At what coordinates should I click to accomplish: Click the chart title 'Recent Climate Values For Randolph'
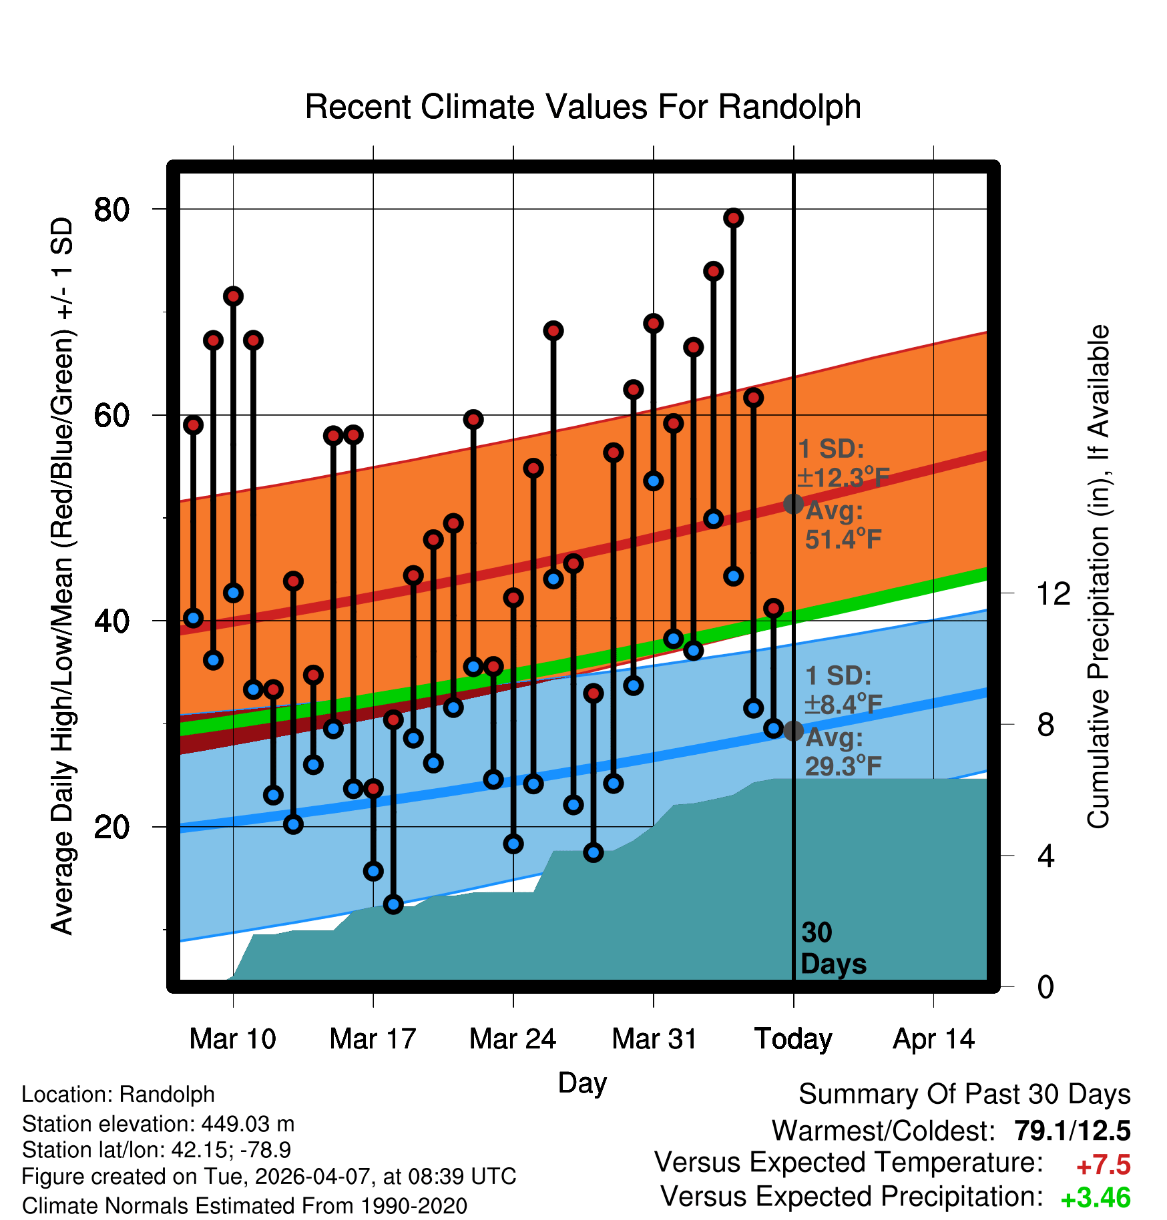pos(583,107)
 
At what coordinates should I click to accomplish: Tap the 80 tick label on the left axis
pos(111,210)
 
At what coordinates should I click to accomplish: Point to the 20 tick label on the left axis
pos(111,827)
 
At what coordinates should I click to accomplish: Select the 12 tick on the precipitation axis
pos(1054,593)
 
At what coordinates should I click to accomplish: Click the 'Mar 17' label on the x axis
pos(373,1039)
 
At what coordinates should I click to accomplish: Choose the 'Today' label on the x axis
pos(793,1039)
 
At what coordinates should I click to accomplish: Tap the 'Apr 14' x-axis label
pos(934,1039)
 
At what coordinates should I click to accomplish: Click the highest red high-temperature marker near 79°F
pos(734,218)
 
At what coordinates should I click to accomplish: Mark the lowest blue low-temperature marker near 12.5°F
pos(393,904)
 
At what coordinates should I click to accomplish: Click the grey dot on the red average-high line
pos(793,504)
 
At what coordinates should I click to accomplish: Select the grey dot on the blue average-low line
pos(793,731)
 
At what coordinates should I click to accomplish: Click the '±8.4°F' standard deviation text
pos(843,704)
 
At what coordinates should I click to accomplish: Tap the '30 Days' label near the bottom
pos(833,948)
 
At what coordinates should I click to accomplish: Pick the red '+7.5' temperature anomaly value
pos(1104,1165)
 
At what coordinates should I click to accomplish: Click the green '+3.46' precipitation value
pos(1096,1198)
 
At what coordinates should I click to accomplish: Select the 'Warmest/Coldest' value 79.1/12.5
pos(1072,1131)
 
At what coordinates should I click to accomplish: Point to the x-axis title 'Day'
pos(582,1083)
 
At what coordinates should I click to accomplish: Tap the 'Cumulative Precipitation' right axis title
pos(1098,577)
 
